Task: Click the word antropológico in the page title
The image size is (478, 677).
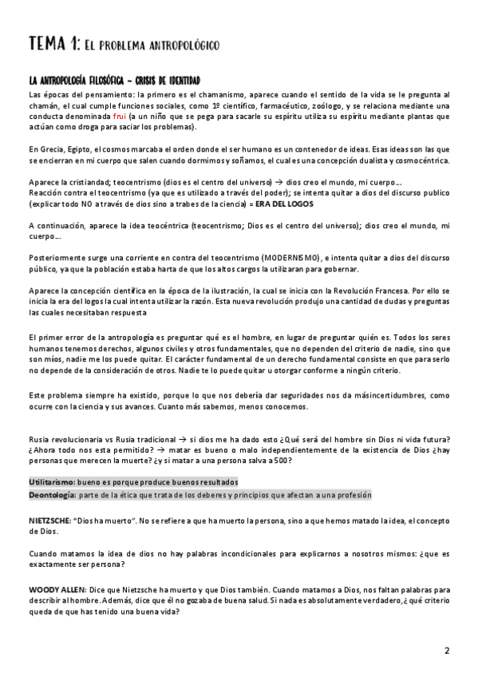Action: coord(183,45)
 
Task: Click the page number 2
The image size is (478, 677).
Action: coord(447,651)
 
